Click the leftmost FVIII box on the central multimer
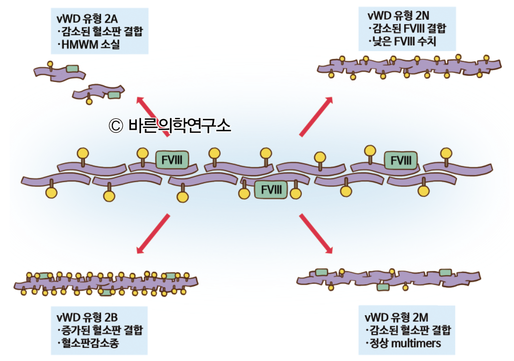point(171,160)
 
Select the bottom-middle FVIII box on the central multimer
point(271,190)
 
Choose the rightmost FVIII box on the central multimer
point(400,160)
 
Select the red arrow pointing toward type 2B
point(153,234)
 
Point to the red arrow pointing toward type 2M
point(316,234)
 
